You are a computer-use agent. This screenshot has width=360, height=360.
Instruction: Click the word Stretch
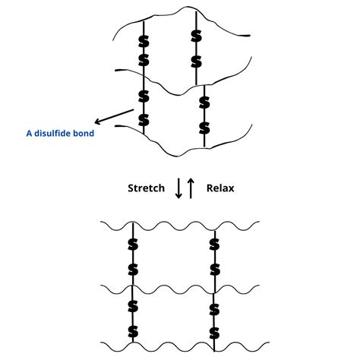[x=146, y=188]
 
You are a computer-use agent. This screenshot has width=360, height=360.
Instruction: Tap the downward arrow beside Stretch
[x=179, y=188]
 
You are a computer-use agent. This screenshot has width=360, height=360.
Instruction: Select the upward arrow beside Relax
[x=191, y=188]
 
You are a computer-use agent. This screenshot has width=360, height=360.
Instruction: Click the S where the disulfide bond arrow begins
[x=143, y=118]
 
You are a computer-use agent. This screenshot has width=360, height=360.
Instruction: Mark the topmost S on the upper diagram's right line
[x=196, y=36]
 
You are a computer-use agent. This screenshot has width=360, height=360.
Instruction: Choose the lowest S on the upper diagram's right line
[x=203, y=125]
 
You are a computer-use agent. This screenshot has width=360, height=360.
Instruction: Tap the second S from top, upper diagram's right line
[x=196, y=60]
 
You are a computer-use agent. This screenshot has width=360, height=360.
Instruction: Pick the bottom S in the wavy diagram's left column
[x=133, y=332]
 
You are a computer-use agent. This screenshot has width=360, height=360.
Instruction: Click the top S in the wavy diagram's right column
[x=214, y=245]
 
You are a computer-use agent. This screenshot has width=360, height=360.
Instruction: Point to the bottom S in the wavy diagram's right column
[x=214, y=332]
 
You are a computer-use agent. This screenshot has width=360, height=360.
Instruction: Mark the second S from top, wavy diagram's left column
[x=133, y=270]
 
